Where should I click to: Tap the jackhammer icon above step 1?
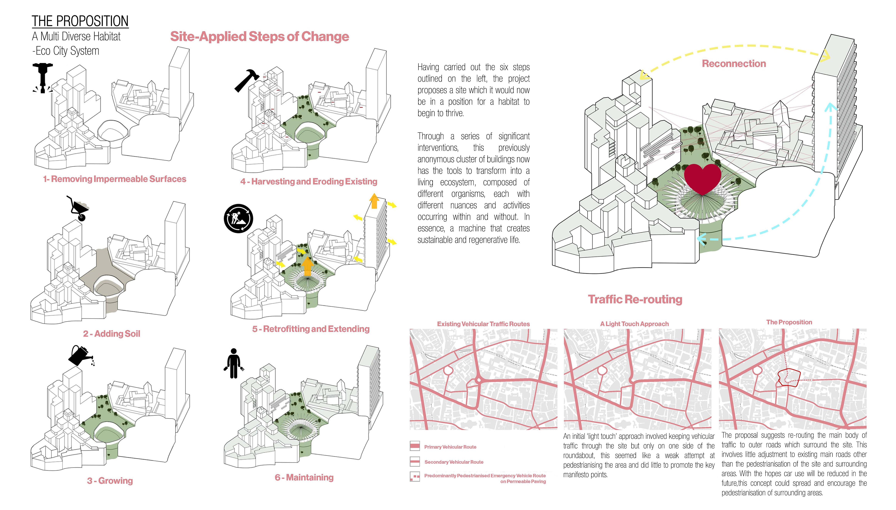(43, 78)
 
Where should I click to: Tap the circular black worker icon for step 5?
(238, 219)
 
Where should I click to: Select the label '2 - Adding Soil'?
(111, 333)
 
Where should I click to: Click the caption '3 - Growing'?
(110, 481)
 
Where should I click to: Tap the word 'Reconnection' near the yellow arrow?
(734, 64)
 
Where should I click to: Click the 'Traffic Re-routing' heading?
(635, 299)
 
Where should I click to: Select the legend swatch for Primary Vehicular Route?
(415, 446)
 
